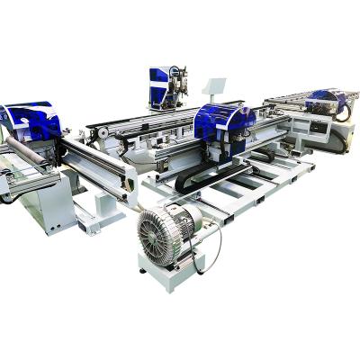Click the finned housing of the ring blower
pos(159,233)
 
